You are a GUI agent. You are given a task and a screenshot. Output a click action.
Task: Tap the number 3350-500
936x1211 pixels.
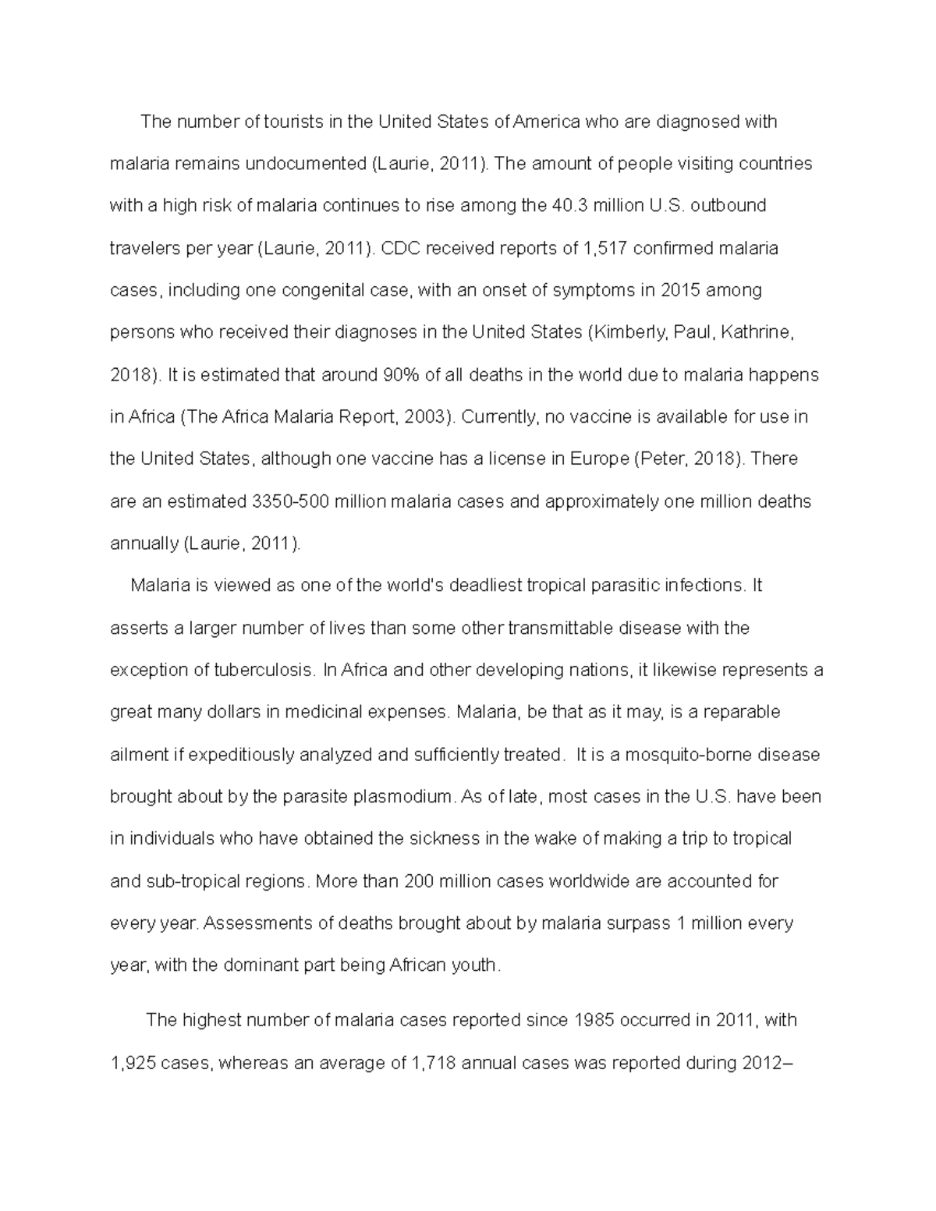290,501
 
